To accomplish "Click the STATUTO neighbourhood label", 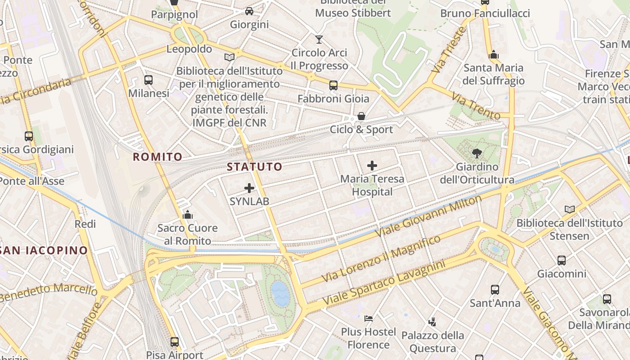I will [x=255, y=167].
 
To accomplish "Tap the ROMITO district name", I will [x=157, y=157].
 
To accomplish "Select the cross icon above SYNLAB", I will [x=249, y=188].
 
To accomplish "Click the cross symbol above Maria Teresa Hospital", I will [x=372, y=166].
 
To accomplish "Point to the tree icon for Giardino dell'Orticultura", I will [x=477, y=153].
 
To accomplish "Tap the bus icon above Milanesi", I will [x=148, y=80].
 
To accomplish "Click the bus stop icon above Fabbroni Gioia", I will [x=333, y=85].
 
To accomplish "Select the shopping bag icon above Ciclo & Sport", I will [x=361, y=117].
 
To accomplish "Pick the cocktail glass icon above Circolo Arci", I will [x=319, y=40].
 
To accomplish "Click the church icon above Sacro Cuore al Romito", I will [x=188, y=215].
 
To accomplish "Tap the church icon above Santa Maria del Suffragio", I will [x=494, y=54].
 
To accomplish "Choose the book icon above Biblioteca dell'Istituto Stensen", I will [x=570, y=209].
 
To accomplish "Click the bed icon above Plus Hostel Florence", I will [x=369, y=319].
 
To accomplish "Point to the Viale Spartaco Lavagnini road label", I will [x=384, y=282].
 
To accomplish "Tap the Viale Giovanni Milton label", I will [x=428, y=217].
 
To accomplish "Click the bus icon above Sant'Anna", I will [x=495, y=290].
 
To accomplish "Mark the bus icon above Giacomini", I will [x=562, y=260].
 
